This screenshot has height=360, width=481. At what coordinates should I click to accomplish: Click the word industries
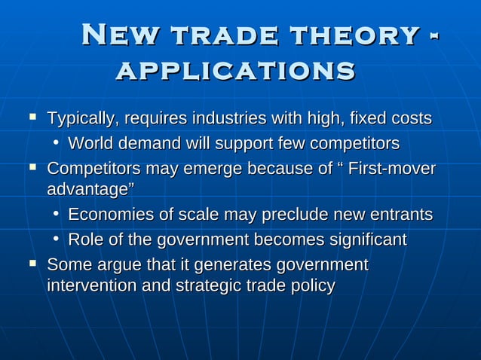(x=228, y=119)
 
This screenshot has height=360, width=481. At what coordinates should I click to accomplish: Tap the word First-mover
(x=394, y=168)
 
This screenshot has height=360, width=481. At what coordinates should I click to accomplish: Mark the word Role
(x=84, y=240)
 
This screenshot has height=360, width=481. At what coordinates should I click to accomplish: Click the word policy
(x=309, y=286)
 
